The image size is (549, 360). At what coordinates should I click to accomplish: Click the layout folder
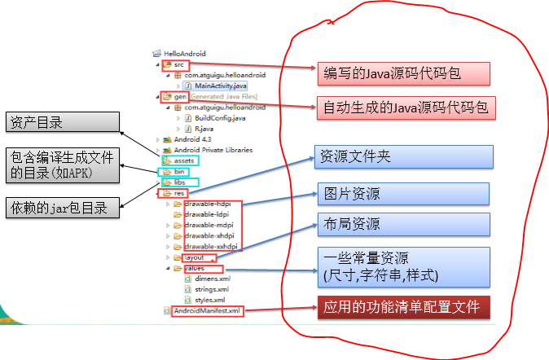pyautogui.click(x=193, y=257)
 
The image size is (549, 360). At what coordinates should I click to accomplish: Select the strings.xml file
pyautogui.click(x=211, y=288)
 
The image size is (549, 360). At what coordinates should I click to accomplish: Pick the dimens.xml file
pyautogui.click(x=211, y=278)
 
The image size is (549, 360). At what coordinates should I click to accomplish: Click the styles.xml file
pyautogui.click(x=209, y=300)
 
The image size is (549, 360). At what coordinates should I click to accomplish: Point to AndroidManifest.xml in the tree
pyautogui.click(x=207, y=310)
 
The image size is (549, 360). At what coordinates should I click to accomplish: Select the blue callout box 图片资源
pyautogui.click(x=402, y=194)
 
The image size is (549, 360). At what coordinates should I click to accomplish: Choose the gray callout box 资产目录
pyautogui.click(x=59, y=122)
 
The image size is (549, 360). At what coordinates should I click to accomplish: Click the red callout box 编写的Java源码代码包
pyautogui.click(x=402, y=73)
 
